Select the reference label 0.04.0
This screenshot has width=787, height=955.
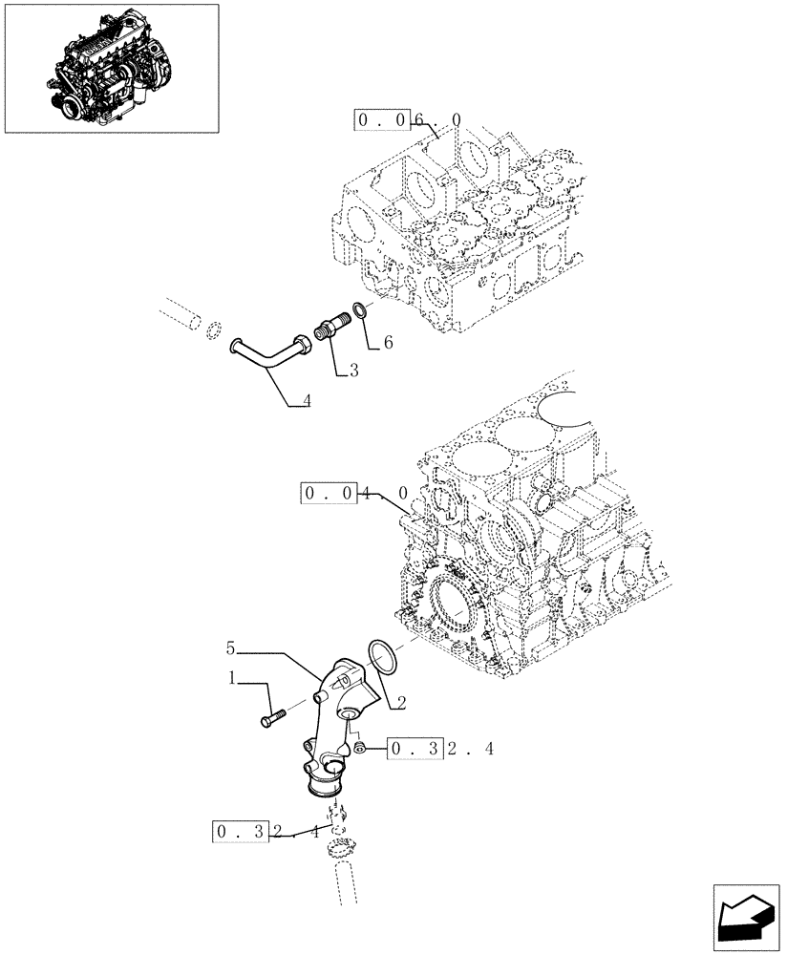point(355,494)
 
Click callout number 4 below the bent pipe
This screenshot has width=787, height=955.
point(305,401)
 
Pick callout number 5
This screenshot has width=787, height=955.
point(230,648)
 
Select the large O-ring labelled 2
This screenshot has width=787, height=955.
point(381,657)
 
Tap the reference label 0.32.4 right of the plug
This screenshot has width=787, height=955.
point(439,749)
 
